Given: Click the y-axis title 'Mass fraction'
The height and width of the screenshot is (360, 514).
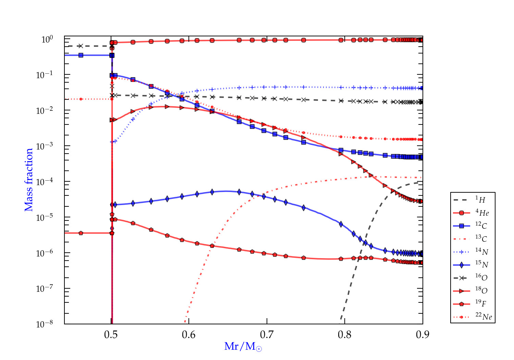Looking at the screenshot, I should click(28, 180).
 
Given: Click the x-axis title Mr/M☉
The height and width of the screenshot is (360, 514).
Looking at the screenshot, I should click(243, 347).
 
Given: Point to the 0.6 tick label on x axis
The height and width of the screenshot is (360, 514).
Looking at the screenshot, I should click(189, 335).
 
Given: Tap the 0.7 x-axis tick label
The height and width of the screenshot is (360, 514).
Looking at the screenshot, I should click(267, 335).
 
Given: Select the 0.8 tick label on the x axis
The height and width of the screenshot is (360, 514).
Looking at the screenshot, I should click(345, 335).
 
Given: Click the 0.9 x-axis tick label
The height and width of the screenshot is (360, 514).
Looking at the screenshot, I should click(423, 335).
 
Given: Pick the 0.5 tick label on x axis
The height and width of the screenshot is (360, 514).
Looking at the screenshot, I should click(111, 335).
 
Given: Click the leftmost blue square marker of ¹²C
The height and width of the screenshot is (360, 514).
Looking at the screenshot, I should click(81, 55).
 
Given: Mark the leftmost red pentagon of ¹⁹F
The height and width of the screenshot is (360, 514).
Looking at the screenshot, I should click(81, 233).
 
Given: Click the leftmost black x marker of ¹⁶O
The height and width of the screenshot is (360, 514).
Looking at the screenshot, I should click(81, 46).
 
